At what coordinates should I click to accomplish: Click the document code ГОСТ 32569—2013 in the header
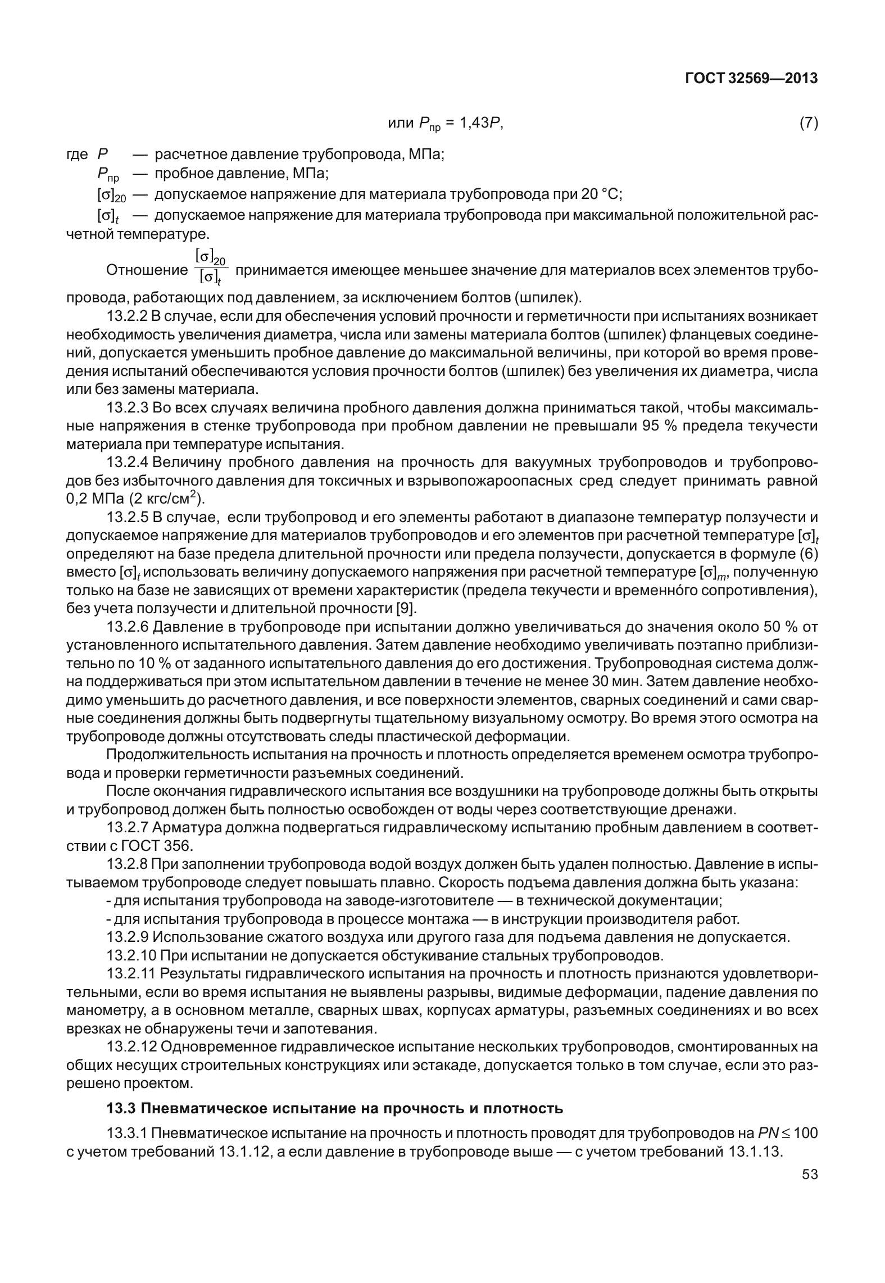coord(751,78)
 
